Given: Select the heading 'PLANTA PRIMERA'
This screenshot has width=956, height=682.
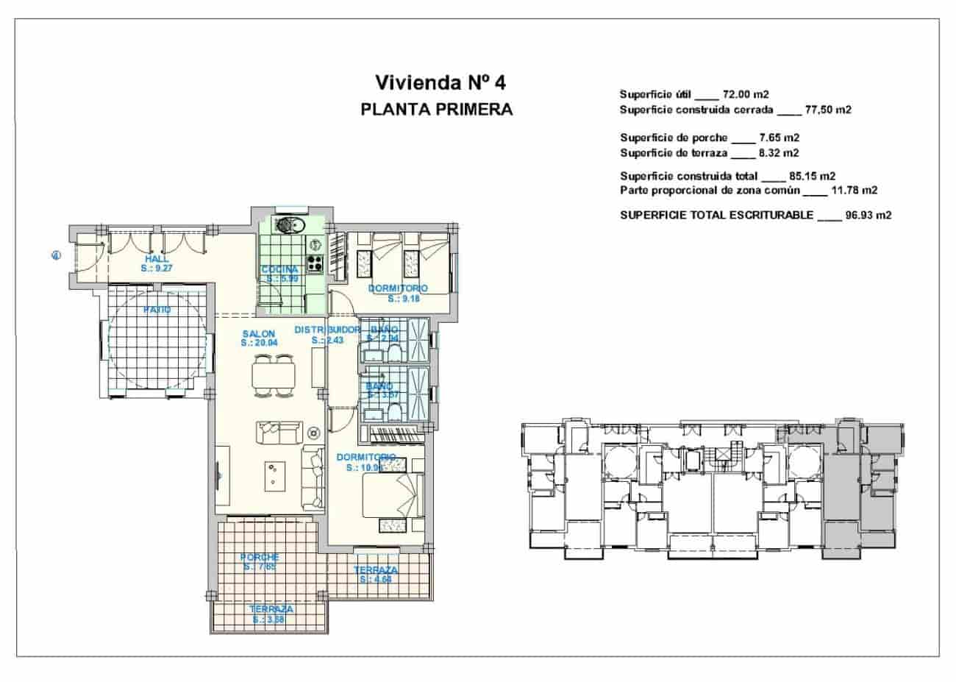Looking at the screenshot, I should [x=437, y=110].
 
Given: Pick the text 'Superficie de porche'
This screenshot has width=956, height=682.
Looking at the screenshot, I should [x=674, y=138].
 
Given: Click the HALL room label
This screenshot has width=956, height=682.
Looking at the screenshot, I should [x=157, y=260].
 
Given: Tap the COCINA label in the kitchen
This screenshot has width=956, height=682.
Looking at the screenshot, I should [x=279, y=269].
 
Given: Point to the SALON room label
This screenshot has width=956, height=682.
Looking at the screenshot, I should [x=258, y=334].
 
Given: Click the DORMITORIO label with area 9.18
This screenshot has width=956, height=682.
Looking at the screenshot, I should [x=398, y=288].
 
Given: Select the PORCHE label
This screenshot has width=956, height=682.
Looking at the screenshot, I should [x=260, y=558].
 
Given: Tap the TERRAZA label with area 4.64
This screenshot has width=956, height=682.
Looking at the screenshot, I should [x=376, y=570].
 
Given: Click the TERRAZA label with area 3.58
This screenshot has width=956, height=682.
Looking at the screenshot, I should [x=271, y=609].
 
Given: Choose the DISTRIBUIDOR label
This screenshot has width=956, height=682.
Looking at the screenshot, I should [x=327, y=330].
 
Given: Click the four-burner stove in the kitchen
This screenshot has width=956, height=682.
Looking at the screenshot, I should [x=315, y=263].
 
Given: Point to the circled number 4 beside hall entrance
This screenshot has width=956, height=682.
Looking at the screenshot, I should [x=55, y=256].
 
